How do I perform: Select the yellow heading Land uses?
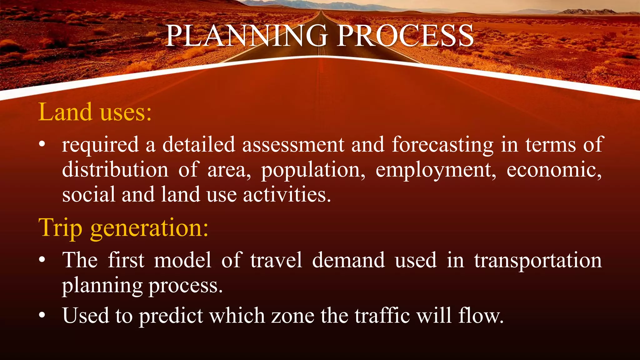(x=95, y=112)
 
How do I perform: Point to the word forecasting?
(x=442, y=145)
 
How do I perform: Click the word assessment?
(x=293, y=145)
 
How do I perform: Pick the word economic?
(x=554, y=170)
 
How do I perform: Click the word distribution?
(x=115, y=170)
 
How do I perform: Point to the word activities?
(x=287, y=195)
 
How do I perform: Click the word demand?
(x=348, y=260)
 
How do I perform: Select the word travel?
(x=276, y=260)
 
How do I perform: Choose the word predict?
(x=171, y=316)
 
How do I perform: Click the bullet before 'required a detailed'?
(x=42, y=144)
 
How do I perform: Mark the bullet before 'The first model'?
(x=42, y=260)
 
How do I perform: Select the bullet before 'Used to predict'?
(x=42, y=315)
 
